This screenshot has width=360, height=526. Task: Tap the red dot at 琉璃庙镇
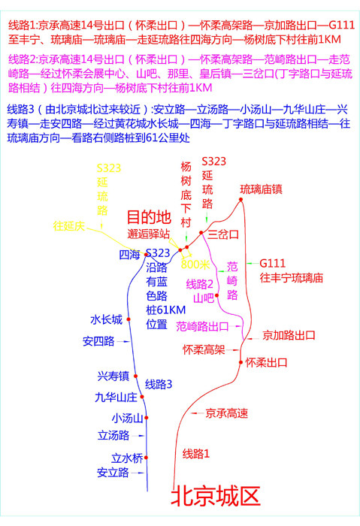click(241, 200)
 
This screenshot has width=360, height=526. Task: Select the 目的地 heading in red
click(150, 217)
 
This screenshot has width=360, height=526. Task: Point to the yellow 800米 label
click(195, 265)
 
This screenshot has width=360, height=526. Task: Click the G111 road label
click(272, 263)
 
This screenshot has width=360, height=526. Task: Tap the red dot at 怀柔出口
click(241, 362)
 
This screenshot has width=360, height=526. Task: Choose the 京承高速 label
click(227, 413)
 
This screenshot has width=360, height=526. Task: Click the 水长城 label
click(106, 319)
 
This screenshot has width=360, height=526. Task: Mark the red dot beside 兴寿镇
click(135, 376)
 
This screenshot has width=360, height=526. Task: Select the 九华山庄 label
click(116, 398)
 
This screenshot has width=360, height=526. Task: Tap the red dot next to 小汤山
click(147, 418)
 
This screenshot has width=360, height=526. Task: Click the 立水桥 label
click(127, 458)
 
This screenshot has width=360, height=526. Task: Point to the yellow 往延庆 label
click(69, 226)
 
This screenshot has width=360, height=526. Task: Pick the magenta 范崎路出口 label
click(202, 326)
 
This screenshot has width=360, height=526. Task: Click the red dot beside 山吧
click(216, 295)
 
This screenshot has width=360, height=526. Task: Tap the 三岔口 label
click(223, 234)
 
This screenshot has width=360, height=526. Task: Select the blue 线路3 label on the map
click(159, 384)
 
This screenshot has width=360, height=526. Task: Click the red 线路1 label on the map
click(196, 454)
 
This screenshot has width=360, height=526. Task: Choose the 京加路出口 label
click(289, 335)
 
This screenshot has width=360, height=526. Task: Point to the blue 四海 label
click(129, 255)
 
